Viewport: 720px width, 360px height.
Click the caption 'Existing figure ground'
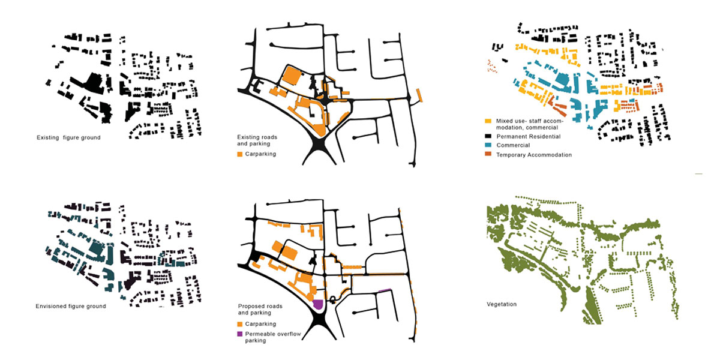68,138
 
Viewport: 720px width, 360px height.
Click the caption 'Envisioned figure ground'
71,306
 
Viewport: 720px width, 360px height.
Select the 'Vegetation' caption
502,304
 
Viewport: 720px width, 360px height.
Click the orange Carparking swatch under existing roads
239,154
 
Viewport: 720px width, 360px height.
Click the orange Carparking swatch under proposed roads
239,324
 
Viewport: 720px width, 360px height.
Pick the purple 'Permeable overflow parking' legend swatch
239,334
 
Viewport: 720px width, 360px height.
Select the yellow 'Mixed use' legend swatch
489,121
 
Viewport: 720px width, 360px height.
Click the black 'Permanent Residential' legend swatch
489,136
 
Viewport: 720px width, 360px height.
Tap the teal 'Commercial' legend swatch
489,145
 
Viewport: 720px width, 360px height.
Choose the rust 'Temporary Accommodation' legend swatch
489,155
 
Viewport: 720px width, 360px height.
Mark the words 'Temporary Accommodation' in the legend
533,155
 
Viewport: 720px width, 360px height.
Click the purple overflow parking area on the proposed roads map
318,304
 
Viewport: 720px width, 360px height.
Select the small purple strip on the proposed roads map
384,291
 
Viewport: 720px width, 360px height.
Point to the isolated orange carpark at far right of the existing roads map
419,95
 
